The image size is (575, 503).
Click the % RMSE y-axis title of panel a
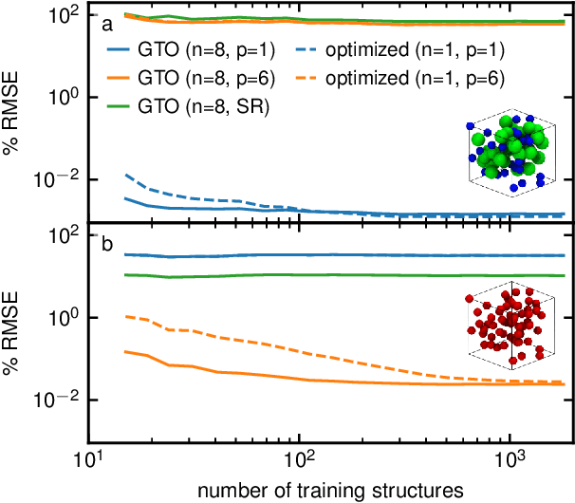coord(11,118)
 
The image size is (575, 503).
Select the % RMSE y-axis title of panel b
coord(11,338)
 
